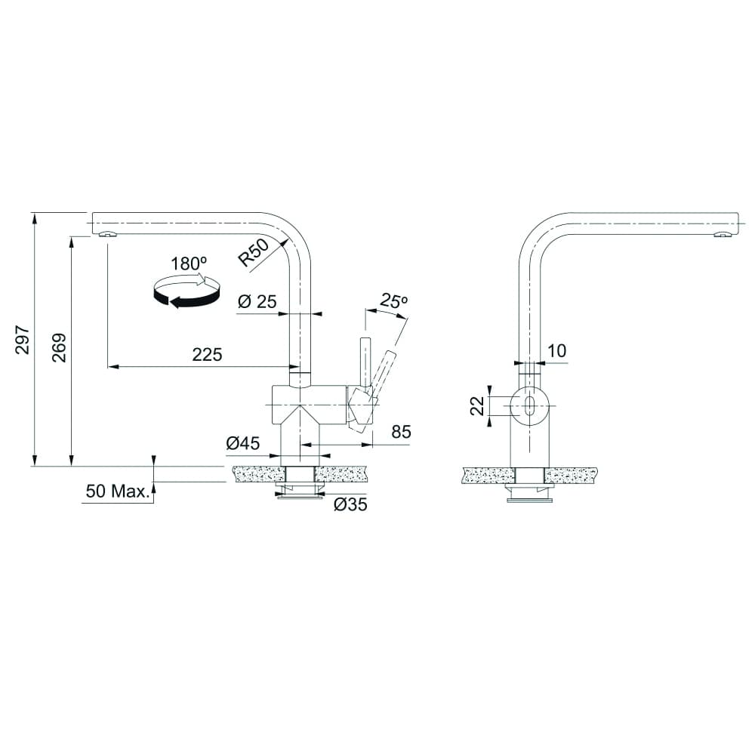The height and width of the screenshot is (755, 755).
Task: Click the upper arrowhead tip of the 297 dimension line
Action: coord(34,213)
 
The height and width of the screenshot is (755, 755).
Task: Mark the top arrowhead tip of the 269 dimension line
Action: coord(72,236)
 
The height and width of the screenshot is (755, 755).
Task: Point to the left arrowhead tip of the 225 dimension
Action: coord(106,367)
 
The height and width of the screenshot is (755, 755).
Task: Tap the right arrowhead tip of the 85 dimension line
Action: coord(372,445)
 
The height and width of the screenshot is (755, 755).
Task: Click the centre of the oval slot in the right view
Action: coord(529,405)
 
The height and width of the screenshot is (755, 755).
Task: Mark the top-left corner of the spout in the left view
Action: coord(92,212)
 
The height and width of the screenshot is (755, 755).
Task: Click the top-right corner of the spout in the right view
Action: coord(739,212)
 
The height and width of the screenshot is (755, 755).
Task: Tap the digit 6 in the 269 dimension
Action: coord(60,347)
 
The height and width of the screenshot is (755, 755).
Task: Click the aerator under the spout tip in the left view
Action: coord(107,235)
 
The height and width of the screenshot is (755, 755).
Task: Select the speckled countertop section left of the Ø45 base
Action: coord(258,474)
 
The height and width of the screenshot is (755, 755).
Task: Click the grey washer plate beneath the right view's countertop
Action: coord(529,500)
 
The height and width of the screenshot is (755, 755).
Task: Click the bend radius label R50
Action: coord(254,252)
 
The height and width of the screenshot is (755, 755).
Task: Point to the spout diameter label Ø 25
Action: coord(257,302)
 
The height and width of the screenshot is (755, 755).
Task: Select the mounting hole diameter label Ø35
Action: coord(350,504)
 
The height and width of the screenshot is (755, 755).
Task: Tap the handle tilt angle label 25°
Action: coord(394,300)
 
